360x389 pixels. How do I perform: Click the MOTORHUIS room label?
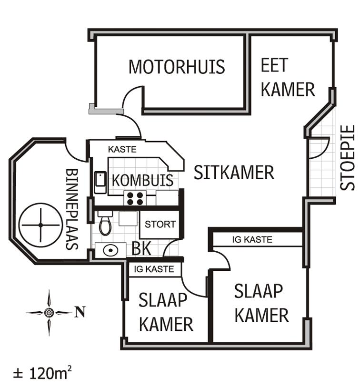click(177, 67)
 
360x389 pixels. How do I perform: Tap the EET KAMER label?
click(287, 77)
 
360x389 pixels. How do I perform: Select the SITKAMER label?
click(234, 172)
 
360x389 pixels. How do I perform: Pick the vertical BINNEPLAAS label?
click(72, 209)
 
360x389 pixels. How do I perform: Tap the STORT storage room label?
click(160, 225)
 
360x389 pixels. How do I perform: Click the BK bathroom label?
click(142, 248)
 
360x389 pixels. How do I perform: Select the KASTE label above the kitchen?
click(122, 149)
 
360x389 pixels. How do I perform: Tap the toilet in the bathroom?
click(105, 224)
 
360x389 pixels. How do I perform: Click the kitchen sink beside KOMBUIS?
click(100, 182)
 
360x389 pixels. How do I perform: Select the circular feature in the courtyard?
click(40, 225)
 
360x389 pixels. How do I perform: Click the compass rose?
click(49, 313)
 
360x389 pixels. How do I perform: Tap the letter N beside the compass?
click(80, 313)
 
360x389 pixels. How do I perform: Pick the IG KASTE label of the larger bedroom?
click(252, 239)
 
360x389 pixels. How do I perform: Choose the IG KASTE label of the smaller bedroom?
click(154, 269)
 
